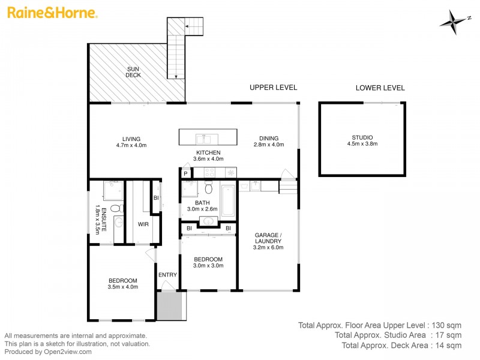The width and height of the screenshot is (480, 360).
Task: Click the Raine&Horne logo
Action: pyautogui.click(x=52, y=13)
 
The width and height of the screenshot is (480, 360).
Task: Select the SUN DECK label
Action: pyautogui.click(x=133, y=72)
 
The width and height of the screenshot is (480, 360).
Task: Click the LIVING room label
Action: pyautogui.click(x=131, y=139)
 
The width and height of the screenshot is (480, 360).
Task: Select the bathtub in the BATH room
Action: pyautogui.click(x=228, y=201)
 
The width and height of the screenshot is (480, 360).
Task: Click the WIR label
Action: pyautogui.click(x=143, y=224)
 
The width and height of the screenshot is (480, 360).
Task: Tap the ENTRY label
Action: pyautogui.click(x=167, y=275)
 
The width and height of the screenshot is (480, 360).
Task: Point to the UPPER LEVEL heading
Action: pyautogui.click(x=273, y=88)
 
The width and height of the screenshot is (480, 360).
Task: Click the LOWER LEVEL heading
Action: pyautogui.click(x=380, y=88)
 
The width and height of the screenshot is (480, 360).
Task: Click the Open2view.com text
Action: pyautogui.click(x=67, y=352)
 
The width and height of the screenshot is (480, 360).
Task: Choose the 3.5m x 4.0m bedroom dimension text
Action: pyautogui.click(x=123, y=287)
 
